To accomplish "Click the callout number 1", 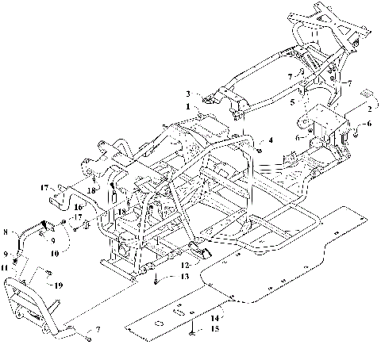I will pos(187,106).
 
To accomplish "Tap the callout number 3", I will pos(188,94).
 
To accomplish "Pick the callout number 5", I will pos(291,102).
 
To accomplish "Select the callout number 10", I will pos(55,254).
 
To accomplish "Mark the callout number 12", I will pos(185,265).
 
